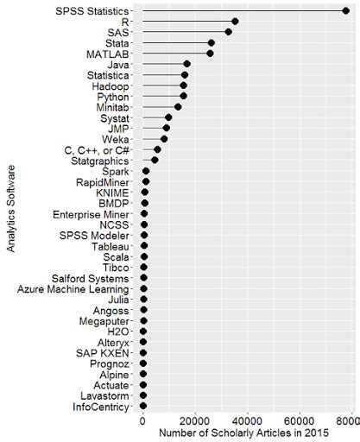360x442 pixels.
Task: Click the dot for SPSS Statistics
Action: (345, 10)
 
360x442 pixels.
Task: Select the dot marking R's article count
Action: (235, 21)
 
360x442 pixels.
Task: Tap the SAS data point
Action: (228, 32)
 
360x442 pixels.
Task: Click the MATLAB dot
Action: (210, 54)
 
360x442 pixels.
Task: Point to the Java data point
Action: (186, 64)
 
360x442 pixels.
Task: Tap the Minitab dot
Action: (178, 107)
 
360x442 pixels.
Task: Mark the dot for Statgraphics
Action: (155, 160)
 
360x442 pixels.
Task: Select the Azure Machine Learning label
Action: (73, 288)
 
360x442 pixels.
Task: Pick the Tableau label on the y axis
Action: (111, 246)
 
